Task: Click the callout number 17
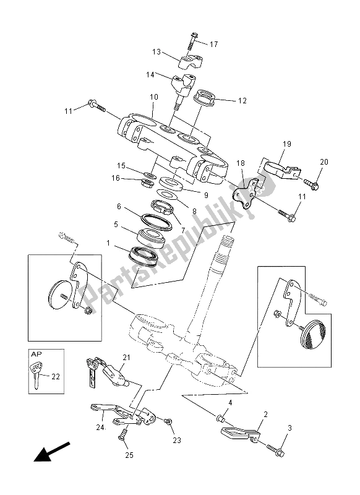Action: point(213,44)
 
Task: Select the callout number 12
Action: point(242,101)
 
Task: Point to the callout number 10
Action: point(153,97)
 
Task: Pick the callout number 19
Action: point(287,144)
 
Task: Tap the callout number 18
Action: point(241,163)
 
